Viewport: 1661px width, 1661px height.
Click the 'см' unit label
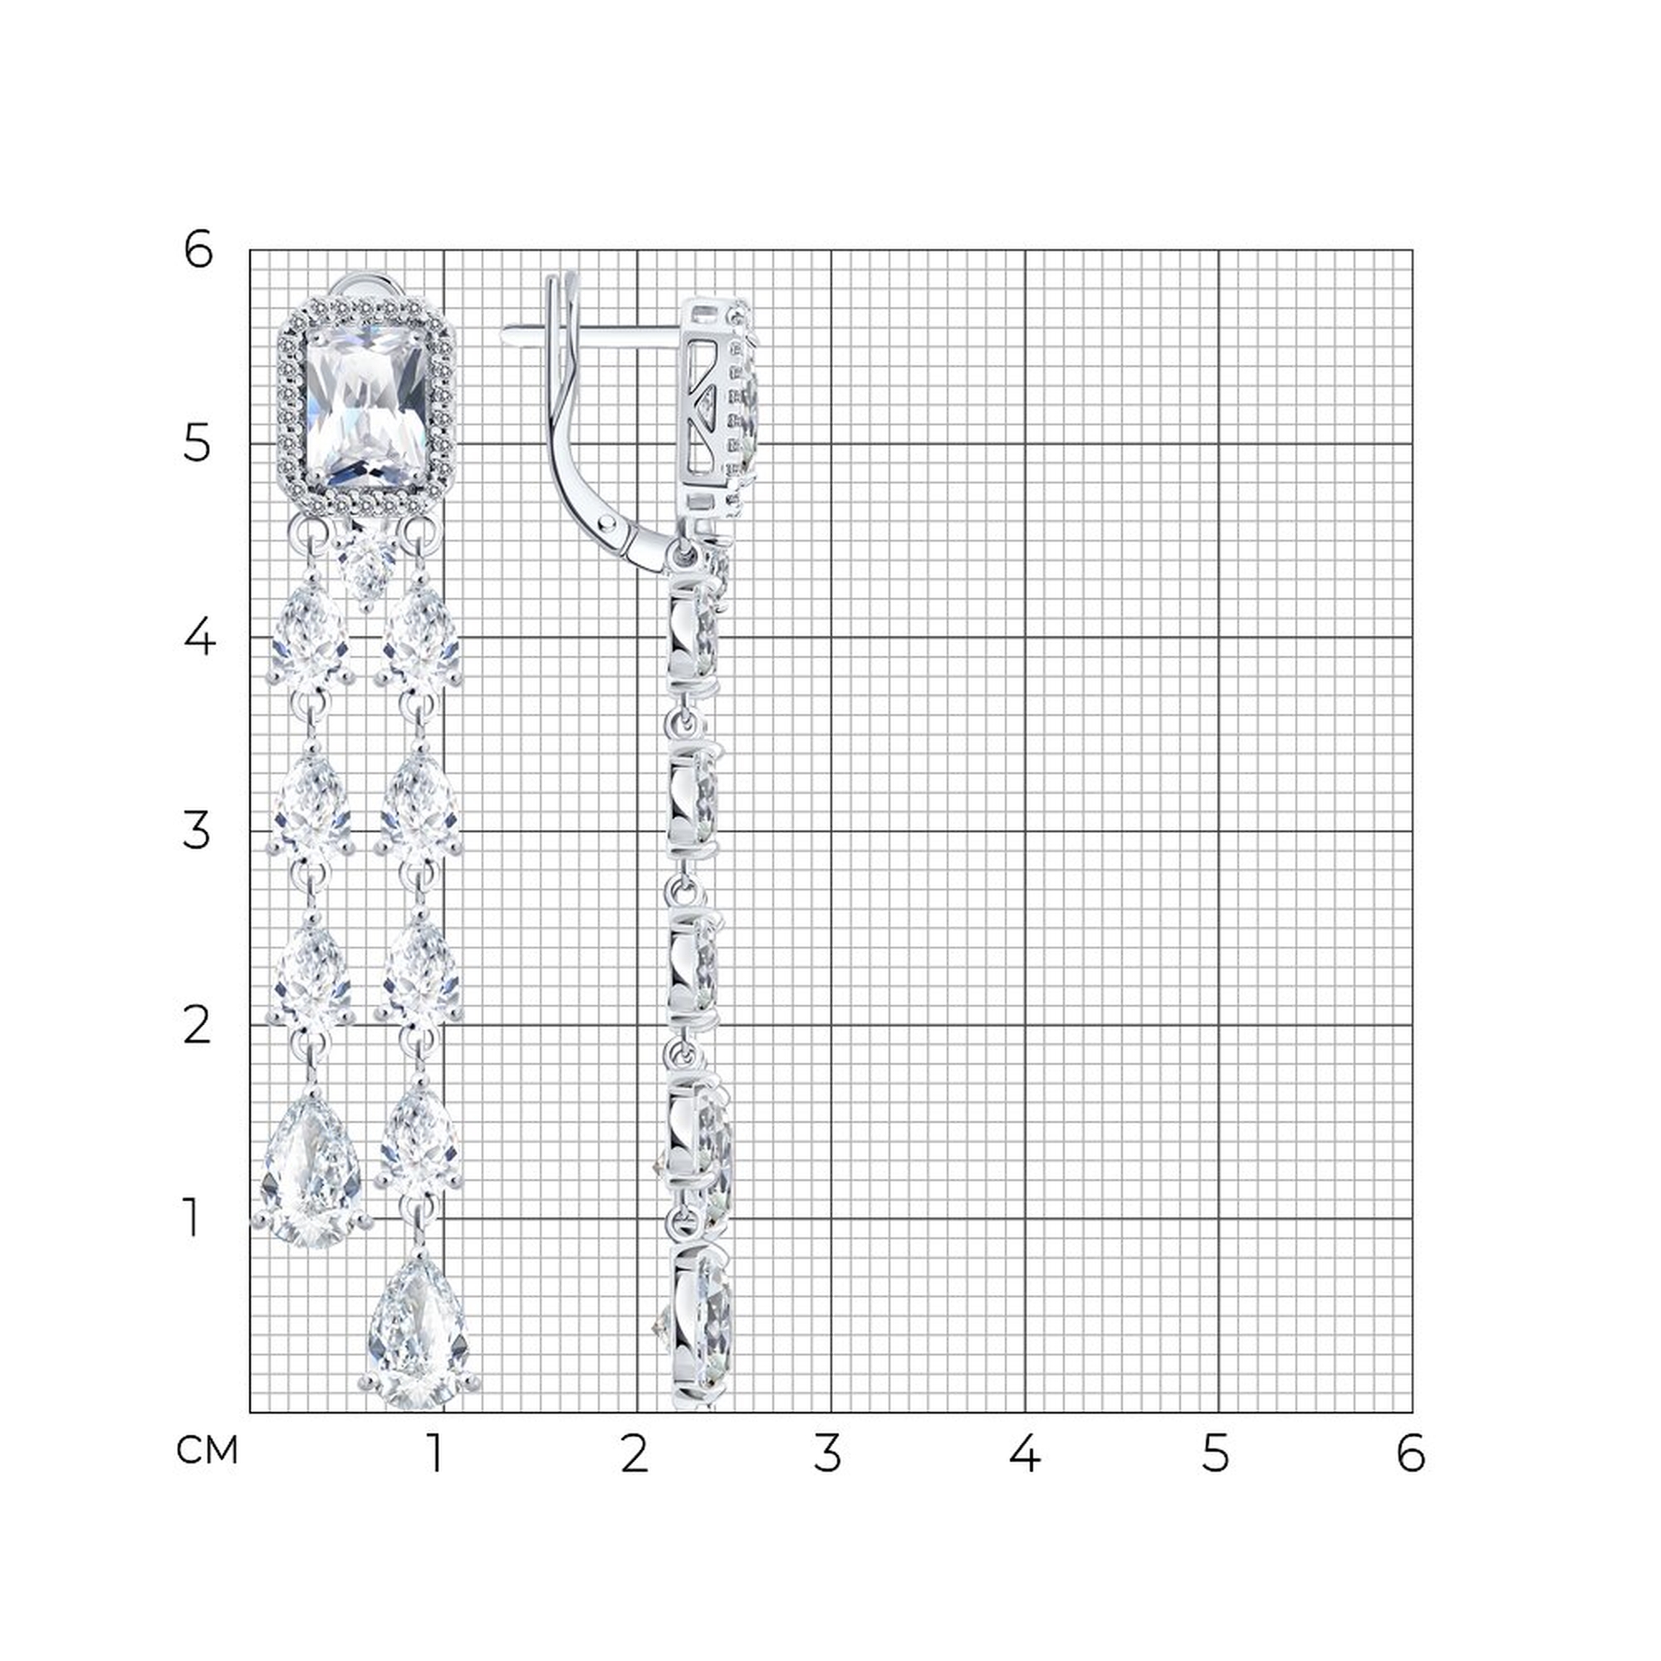(207, 1450)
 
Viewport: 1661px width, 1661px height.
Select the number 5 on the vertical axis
(197, 444)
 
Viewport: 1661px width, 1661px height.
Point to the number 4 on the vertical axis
(198, 638)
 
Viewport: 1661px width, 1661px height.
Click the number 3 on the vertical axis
(197, 831)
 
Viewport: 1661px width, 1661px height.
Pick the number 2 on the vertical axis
(197, 1026)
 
